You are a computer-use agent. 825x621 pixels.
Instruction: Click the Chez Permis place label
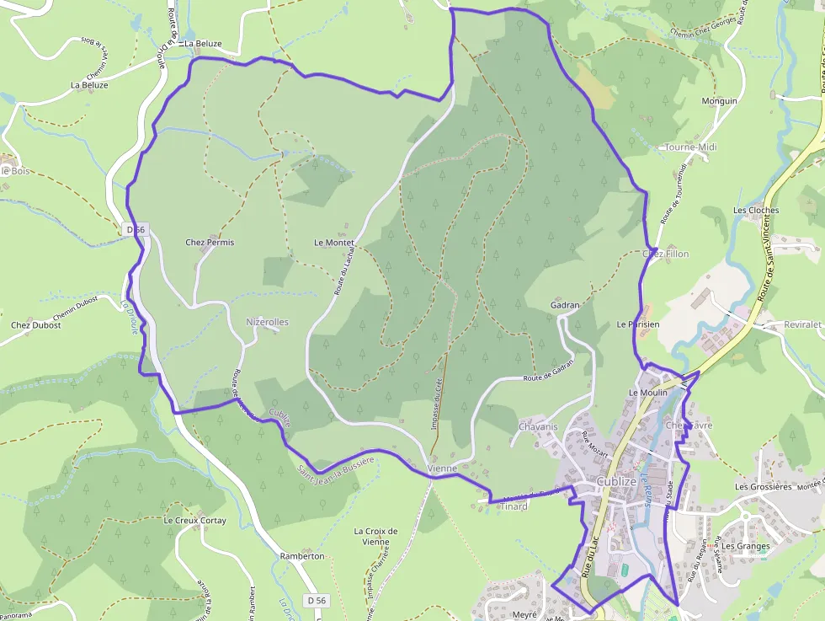(210, 243)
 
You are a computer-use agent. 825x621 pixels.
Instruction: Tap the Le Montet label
(334, 243)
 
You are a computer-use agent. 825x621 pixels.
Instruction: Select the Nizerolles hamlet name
(267, 322)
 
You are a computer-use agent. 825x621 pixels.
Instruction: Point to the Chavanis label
(539, 427)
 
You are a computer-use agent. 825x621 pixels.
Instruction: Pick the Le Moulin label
(647, 393)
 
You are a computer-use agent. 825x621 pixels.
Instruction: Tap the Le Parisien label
(637, 324)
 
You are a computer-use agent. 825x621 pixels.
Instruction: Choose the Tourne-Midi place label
(690, 147)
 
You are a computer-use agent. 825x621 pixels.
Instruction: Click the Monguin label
(719, 101)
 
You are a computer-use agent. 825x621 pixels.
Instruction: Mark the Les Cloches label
(756, 211)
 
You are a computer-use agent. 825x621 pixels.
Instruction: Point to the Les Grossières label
(764, 487)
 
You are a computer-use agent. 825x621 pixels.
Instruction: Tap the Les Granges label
(746, 546)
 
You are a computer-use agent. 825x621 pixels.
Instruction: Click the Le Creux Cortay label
(194, 521)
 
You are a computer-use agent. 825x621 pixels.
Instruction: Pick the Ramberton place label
(302, 556)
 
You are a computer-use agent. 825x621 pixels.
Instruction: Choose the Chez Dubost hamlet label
(36, 325)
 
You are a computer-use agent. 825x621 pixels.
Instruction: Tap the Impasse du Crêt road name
(437, 404)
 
